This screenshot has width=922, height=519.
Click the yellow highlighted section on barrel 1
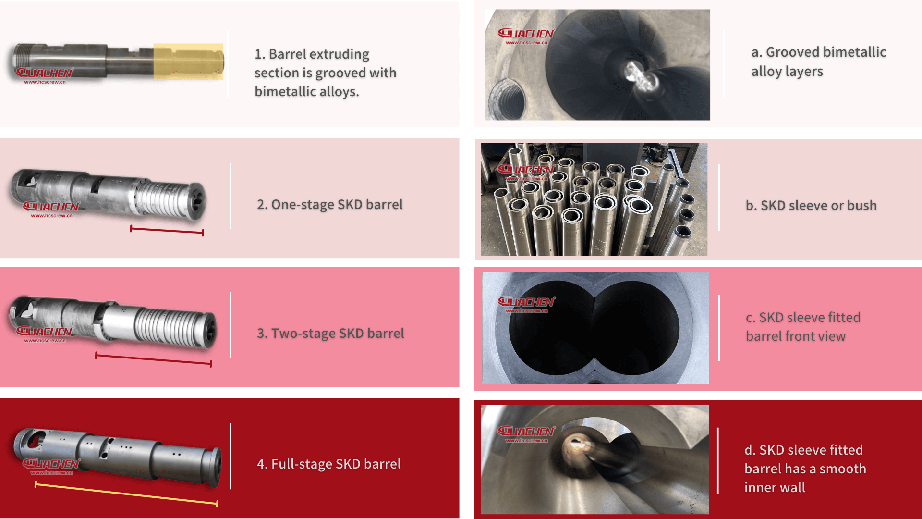coord(188,62)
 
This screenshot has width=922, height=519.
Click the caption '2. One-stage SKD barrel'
coord(329,205)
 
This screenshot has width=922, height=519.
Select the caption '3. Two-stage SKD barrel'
coord(330,334)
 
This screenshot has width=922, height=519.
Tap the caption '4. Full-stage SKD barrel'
coord(328,464)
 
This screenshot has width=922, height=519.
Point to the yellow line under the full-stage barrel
coord(126,494)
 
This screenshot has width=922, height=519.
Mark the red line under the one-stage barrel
coord(167,231)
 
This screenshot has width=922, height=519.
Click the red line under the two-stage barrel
coord(153,359)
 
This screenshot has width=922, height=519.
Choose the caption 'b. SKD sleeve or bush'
coord(811,206)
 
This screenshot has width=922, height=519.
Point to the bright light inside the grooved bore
coord(639,77)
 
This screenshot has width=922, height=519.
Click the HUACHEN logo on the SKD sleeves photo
coord(526,171)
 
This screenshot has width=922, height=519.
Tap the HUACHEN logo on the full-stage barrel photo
coord(51,465)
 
